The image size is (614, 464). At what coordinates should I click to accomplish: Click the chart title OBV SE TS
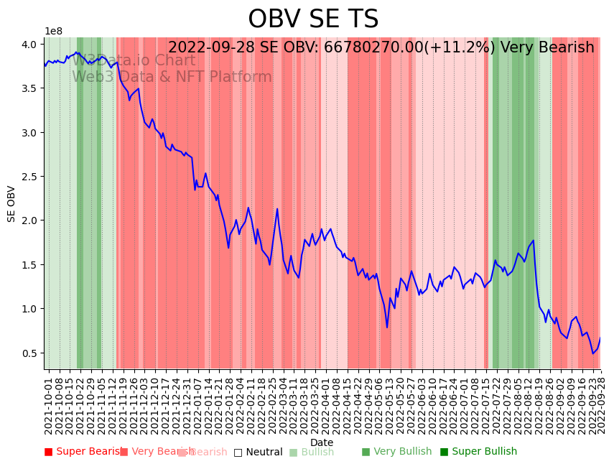tap(313, 19)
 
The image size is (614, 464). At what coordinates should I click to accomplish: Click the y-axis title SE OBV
tap(11, 203)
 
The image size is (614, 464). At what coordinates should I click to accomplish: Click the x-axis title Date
tap(321, 442)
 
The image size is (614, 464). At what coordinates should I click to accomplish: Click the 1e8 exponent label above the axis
tap(53, 32)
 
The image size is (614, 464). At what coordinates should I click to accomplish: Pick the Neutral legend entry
tap(259, 453)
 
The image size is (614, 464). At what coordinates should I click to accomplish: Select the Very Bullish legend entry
tap(397, 452)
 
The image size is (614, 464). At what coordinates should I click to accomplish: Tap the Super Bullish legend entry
tap(478, 452)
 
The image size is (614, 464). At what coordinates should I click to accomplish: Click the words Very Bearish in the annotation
tap(547, 47)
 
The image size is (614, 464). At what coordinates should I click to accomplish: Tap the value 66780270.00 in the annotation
tap(373, 47)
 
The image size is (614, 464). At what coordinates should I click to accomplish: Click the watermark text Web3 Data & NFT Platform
tap(172, 77)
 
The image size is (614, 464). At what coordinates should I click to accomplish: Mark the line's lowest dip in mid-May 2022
tap(387, 328)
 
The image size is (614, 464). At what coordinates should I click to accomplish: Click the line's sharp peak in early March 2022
tap(277, 209)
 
